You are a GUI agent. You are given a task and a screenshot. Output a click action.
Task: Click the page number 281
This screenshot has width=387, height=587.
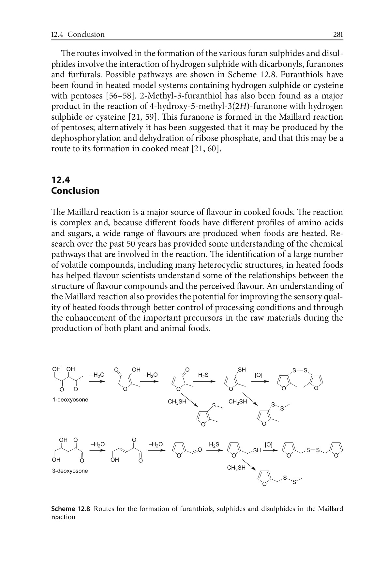(x=338, y=35)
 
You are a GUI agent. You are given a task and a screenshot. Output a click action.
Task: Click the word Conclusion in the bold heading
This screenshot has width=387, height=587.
(x=75, y=191)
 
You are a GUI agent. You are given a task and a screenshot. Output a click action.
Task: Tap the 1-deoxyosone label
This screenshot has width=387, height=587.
(x=70, y=400)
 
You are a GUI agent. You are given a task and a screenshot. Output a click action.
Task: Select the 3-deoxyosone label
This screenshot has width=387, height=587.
(x=70, y=471)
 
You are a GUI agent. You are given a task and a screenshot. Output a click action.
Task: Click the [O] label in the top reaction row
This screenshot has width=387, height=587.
(x=258, y=375)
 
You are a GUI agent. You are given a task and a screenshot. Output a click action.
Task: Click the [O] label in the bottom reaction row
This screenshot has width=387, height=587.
(x=269, y=445)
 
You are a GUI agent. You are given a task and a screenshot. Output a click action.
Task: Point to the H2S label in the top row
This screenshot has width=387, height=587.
(x=203, y=375)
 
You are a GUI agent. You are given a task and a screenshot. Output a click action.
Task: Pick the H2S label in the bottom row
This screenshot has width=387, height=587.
(x=214, y=445)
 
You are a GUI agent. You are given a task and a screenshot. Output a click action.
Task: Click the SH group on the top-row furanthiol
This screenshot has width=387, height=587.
(x=242, y=370)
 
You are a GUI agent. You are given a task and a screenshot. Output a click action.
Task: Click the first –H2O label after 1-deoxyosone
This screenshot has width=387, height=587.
(x=97, y=375)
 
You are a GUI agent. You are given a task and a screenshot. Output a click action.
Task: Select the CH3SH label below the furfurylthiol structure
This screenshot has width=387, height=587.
(x=236, y=468)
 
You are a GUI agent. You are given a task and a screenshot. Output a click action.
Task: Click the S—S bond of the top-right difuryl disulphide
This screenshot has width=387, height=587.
(x=300, y=370)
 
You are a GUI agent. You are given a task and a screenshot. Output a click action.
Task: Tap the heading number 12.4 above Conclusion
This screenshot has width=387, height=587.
(x=61, y=180)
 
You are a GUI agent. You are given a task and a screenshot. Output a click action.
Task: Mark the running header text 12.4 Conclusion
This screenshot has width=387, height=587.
(x=78, y=35)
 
